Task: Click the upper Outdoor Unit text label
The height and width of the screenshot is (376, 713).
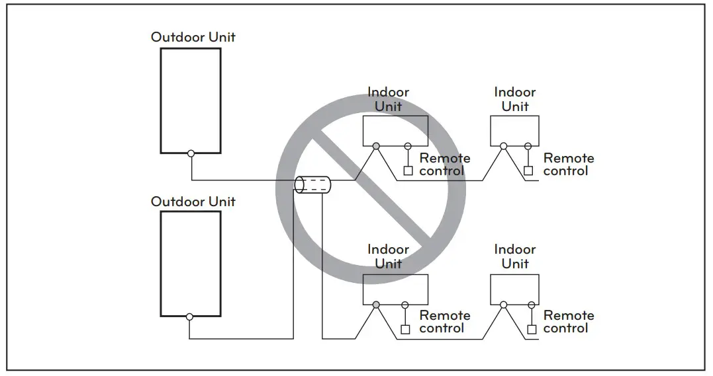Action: point(193,37)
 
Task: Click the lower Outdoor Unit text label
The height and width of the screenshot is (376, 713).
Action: point(193,202)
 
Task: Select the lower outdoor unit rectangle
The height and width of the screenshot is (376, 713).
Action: point(191,264)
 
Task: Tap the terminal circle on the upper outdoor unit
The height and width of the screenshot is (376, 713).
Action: point(191,153)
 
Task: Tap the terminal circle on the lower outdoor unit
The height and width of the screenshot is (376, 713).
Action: point(189,317)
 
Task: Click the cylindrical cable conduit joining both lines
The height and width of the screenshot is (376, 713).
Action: point(312,184)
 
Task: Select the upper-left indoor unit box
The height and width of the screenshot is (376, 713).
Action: point(395,130)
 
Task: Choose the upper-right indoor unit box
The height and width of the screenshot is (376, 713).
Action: point(515,130)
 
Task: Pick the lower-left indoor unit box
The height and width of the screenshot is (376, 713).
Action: point(395,289)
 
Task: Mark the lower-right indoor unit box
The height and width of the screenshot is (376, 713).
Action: point(515,289)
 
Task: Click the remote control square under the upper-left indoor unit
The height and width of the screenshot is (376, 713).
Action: point(408,171)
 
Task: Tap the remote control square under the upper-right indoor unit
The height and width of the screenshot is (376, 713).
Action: point(528,171)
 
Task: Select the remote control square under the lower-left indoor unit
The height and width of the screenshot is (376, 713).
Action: point(406,329)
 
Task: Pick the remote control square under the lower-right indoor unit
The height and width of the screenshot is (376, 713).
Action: point(530,329)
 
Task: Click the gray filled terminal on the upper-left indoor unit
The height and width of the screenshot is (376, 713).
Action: point(376,146)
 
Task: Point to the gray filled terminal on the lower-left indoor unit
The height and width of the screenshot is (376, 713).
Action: point(376,305)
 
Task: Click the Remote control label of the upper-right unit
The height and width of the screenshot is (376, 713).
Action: point(568,165)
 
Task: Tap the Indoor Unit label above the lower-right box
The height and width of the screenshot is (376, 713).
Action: point(515,256)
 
